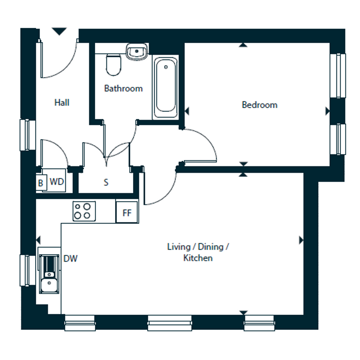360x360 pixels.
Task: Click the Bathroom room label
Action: [x=123, y=88]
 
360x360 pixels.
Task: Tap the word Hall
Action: [x=62, y=102]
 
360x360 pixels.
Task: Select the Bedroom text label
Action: [x=259, y=105]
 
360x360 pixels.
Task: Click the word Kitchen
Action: [x=198, y=258]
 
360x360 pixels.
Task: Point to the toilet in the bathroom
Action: [x=114, y=65]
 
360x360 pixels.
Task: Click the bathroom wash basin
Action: [x=137, y=51]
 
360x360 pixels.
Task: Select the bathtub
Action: [x=165, y=87]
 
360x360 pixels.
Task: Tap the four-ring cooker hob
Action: [x=84, y=211]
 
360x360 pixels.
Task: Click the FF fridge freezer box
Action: [x=127, y=212]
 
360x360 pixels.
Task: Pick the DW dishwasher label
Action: [x=70, y=259]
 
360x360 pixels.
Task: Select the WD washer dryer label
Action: [x=57, y=182]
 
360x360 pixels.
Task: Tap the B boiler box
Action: [x=41, y=183]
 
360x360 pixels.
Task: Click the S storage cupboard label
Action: [x=106, y=182]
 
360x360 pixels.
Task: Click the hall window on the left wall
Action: [x=27, y=135]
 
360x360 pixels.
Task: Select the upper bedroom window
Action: [x=338, y=76]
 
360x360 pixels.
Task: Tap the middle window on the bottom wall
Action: [x=170, y=323]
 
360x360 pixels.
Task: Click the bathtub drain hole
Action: [x=166, y=67]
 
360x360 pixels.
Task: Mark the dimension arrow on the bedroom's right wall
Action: [x=328, y=111]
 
